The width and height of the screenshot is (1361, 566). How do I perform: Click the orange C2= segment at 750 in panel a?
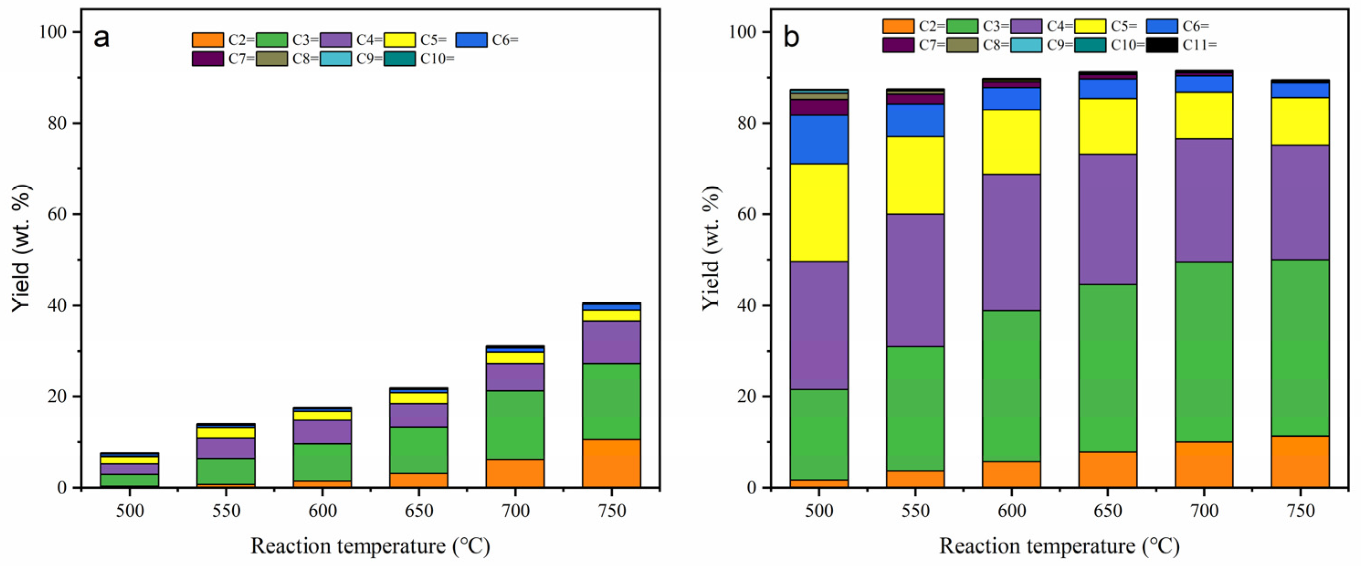click(611, 462)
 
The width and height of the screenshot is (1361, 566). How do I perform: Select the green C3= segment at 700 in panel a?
click(515, 424)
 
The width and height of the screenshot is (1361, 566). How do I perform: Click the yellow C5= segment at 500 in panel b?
click(819, 212)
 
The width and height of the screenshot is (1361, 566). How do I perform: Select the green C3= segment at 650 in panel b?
click(1108, 367)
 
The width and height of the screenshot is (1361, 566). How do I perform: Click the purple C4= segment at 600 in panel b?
click(1011, 242)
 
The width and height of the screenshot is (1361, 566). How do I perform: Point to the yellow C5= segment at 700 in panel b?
click(1203, 115)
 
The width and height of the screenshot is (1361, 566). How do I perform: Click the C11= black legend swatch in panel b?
click(1161, 45)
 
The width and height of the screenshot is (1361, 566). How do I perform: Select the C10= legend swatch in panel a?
click(399, 58)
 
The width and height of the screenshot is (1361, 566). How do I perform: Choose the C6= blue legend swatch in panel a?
click(471, 40)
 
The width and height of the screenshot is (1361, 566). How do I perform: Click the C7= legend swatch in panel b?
click(898, 45)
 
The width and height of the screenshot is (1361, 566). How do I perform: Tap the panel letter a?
click(101, 38)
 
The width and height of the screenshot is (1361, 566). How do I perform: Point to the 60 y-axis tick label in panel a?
click(56, 215)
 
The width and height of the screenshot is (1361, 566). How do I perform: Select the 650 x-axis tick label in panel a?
click(419, 511)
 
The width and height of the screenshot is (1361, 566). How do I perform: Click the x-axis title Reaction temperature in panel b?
click(1059, 546)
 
